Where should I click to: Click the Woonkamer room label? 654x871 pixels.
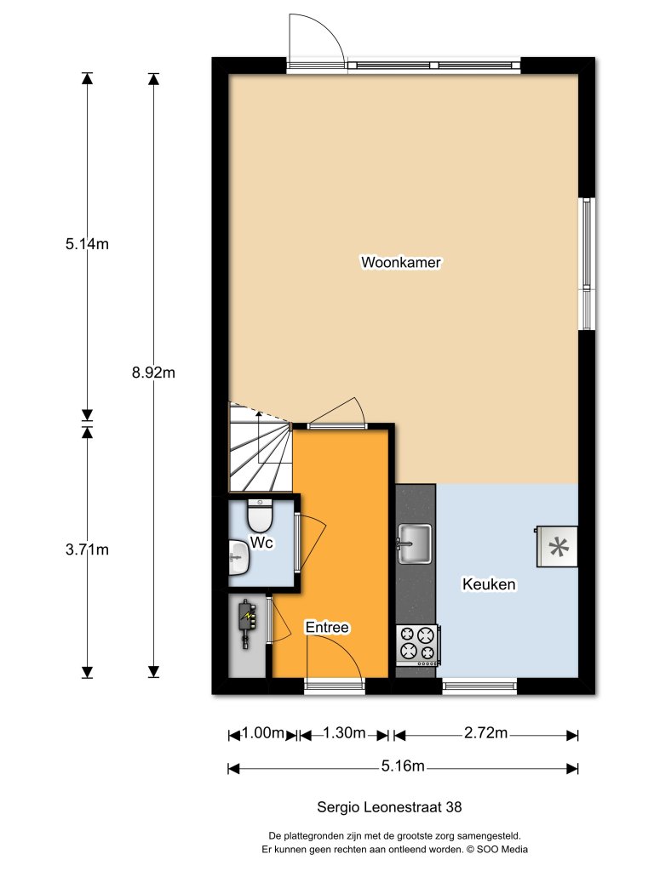pos(401,263)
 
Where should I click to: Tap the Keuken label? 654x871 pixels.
pos(489,585)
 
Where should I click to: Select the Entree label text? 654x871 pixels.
pos(328,628)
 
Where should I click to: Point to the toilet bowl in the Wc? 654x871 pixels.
pos(258,515)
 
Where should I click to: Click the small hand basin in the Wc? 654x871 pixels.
pos(238,559)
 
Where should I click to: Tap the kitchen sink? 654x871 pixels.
pos(415,543)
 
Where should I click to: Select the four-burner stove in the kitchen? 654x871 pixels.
pos(417,644)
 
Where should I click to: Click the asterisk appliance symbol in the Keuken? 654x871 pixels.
pos(557,547)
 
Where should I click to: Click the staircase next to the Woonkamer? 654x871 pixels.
pos(259,449)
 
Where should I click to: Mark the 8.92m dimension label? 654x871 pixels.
pos(154,373)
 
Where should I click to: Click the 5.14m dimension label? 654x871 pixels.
pos(87,244)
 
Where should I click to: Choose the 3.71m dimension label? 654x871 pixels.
pos(87,549)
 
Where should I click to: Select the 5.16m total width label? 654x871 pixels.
pos(403,766)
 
